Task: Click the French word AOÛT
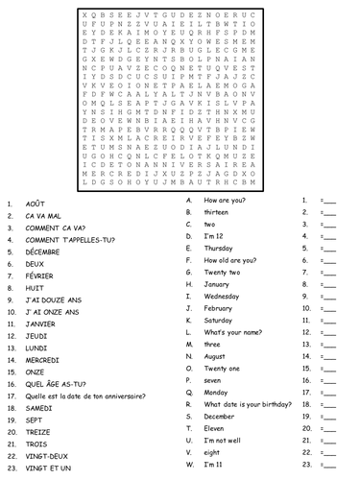tap(36, 204)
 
